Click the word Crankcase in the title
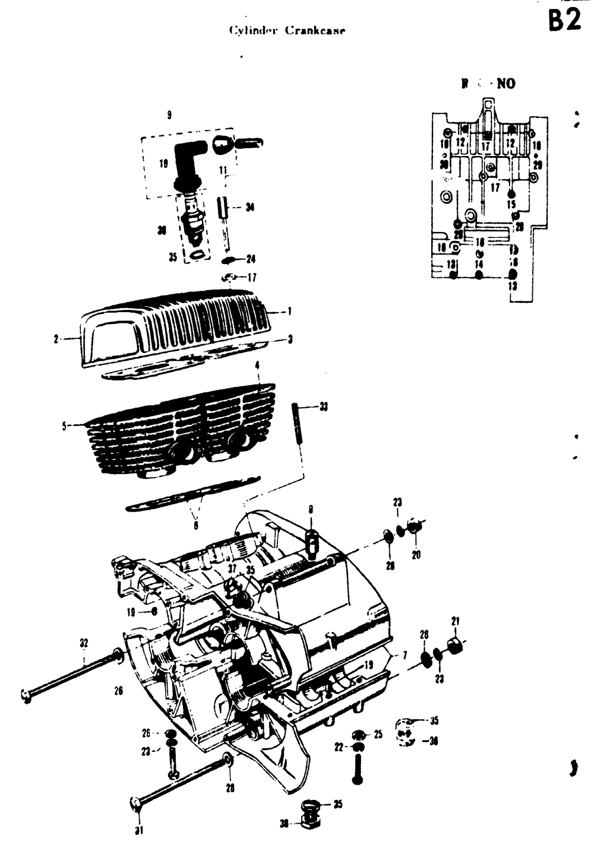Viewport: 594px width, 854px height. pos(315,30)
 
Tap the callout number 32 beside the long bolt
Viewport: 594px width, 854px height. pos(84,642)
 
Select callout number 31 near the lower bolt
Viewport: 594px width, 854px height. pos(138,830)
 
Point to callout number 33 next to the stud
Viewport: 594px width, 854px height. pos(323,407)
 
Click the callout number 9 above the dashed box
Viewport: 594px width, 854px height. pos(169,115)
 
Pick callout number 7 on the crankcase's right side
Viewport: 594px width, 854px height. pos(404,655)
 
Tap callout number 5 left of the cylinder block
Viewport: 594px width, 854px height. pos(64,426)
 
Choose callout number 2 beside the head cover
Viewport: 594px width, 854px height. pos(56,339)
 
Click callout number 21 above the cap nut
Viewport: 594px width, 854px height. pos(456,621)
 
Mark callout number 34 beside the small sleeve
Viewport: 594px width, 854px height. pos(249,207)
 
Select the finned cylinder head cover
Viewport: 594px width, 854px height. pos(178,326)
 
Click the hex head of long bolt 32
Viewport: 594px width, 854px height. pos(25,695)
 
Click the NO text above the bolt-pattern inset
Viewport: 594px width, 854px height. pos(506,84)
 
